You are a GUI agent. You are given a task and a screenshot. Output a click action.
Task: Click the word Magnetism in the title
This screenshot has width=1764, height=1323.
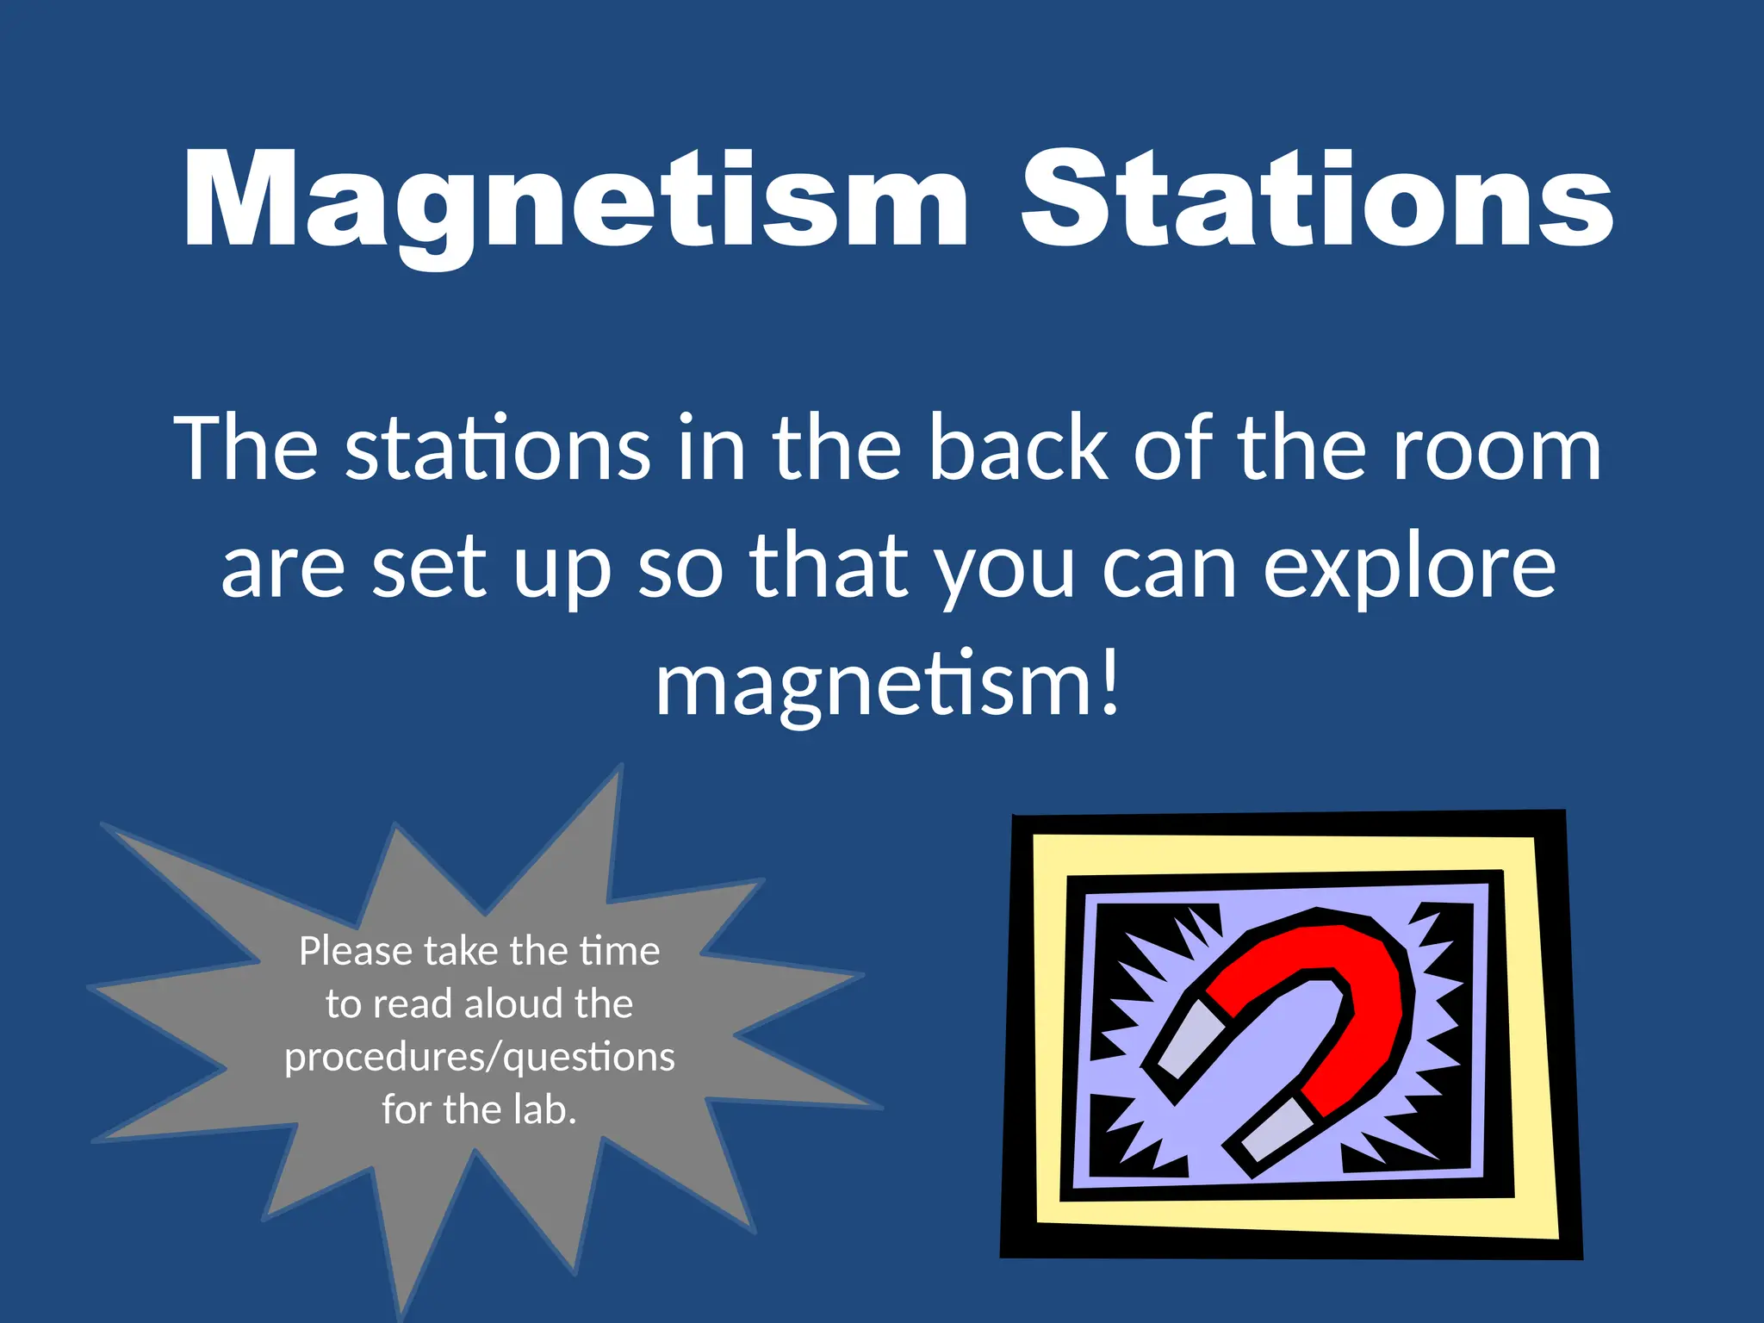click(x=575, y=202)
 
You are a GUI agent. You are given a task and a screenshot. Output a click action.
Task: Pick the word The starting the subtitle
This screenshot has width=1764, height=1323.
click(x=246, y=448)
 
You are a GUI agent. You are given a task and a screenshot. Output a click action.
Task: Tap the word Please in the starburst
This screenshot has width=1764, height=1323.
click(x=356, y=952)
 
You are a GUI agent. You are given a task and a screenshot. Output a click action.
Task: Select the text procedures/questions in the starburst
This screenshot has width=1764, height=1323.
click(x=480, y=1058)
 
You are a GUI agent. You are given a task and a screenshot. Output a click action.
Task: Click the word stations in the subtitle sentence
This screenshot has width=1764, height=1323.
click(x=497, y=448)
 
